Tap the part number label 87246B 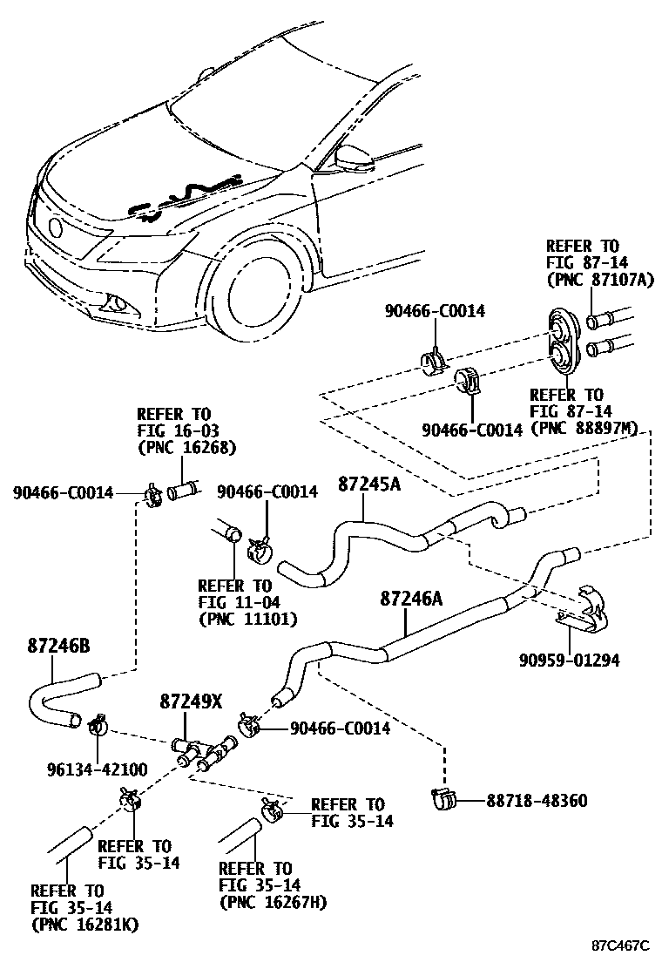(58, 646)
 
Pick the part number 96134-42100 (98, 769)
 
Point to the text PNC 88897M (584, 427)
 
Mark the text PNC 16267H (273, 902)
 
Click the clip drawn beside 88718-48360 (445, 797)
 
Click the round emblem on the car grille (56, 229)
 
